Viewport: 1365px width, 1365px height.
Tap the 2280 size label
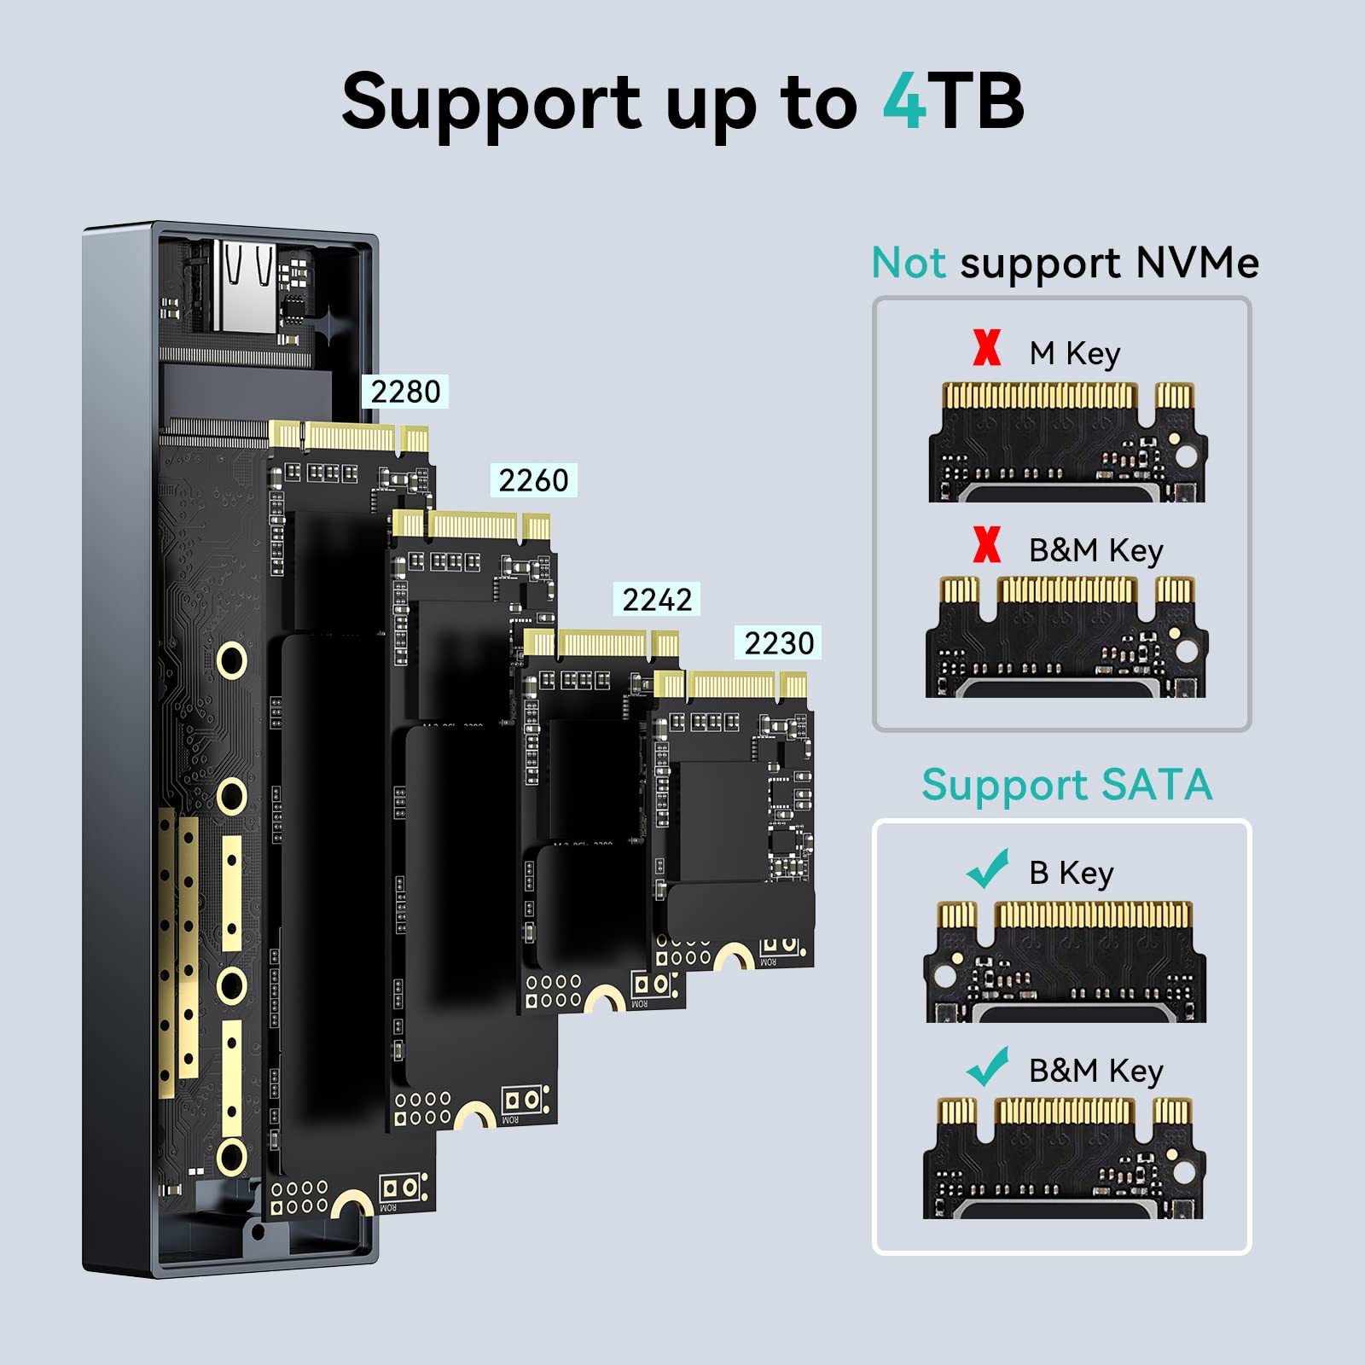point(405,392)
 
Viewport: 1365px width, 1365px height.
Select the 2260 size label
point(533,480)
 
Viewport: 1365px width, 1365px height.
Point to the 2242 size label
point(657,600)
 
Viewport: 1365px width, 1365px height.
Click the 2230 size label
point(779,642)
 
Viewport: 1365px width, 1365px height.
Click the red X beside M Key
point(987,348)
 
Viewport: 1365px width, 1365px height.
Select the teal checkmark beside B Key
point(988,869)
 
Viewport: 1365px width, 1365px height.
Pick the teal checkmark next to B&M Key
point(988,1066)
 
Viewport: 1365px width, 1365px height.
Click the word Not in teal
point(908,263)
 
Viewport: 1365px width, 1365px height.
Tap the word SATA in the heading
point(1156,785)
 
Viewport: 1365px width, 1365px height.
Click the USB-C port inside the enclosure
point(245,286)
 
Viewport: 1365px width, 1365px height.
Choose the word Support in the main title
point(491,103)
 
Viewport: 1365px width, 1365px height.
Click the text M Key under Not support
point(1074,353)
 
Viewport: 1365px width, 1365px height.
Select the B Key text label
point(1072,874)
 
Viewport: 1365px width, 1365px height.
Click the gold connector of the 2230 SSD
point(732,685)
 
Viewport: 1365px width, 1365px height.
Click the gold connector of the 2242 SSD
point(601,642)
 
